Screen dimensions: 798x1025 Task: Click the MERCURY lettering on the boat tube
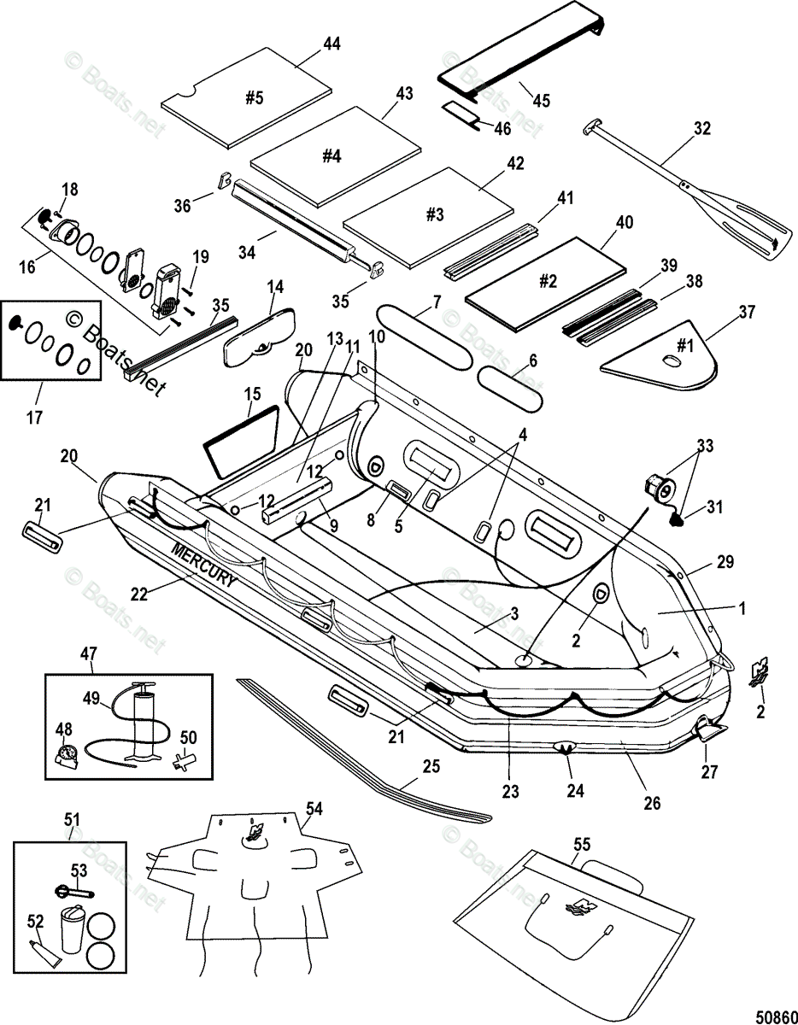pos(203,565)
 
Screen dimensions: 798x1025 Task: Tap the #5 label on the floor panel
pos(255,98)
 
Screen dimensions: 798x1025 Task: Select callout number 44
pos(332,44)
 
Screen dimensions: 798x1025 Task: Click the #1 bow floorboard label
pos(685,347)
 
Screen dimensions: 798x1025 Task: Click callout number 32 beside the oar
pos(702,128)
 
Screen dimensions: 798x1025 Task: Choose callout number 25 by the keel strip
pos(431,766)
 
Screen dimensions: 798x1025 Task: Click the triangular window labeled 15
pos(239,441)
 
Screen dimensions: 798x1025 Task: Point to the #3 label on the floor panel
pos(435,214)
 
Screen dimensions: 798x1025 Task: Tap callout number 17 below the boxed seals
pos(34,418)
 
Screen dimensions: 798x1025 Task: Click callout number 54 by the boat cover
pos(314,809)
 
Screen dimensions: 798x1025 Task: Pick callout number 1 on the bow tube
pos(742,608)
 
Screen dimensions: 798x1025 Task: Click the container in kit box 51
pos(72,929)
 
